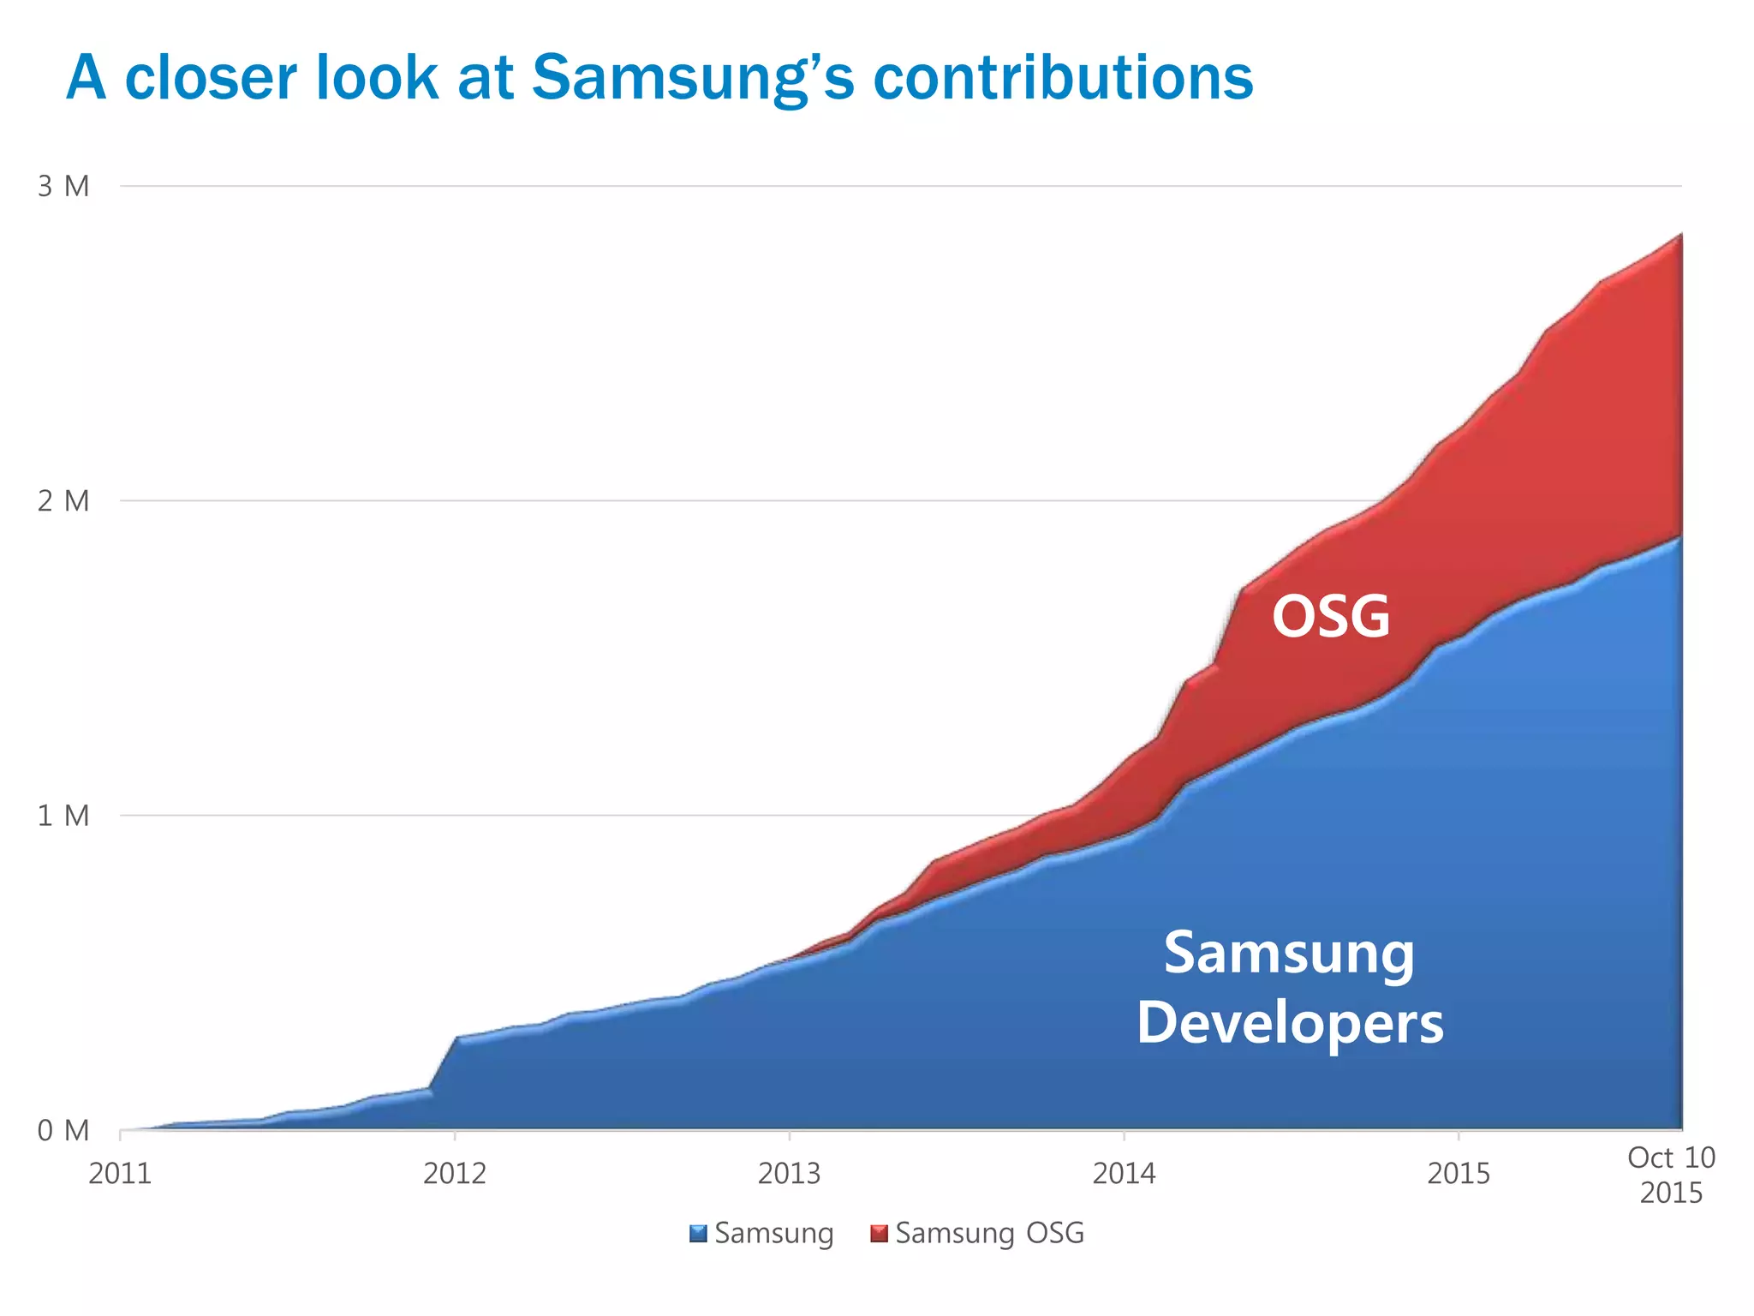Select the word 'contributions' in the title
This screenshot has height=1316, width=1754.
1062,78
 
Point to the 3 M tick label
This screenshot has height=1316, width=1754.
63,186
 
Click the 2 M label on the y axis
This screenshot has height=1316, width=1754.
63,501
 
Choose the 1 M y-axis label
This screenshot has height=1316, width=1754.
63,816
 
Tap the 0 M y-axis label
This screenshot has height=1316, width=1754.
63,1131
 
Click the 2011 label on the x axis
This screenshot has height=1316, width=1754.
120,1173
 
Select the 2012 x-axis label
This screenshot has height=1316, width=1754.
455,1173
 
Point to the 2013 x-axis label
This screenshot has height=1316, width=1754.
789,1173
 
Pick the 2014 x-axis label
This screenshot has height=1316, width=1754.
1124,1173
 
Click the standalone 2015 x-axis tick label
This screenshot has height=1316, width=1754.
1459,1173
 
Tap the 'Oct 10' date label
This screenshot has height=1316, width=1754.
1671,1157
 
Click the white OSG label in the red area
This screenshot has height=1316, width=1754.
1331,616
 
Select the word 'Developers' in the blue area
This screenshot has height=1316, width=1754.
1290,1023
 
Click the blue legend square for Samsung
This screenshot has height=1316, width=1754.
698,1234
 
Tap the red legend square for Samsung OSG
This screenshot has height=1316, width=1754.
879,1234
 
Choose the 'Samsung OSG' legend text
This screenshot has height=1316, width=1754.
989,1234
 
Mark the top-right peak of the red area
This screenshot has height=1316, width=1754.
1680,235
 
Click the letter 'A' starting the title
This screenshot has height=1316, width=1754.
87,78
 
